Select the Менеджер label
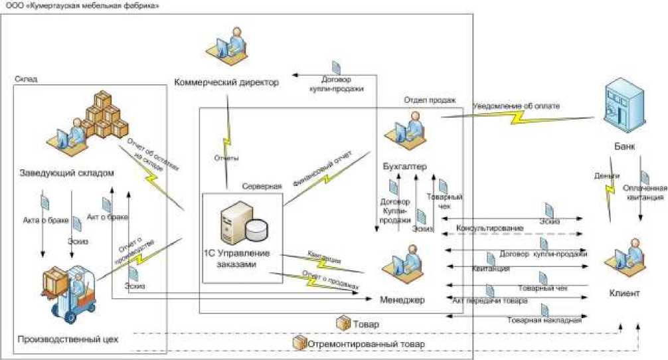click(402, 301)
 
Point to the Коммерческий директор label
click(226, 82)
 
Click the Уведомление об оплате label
click(516, 105)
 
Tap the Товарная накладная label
click(544, 320)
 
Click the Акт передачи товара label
click(489, 301)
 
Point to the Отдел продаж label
click(430, 100)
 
